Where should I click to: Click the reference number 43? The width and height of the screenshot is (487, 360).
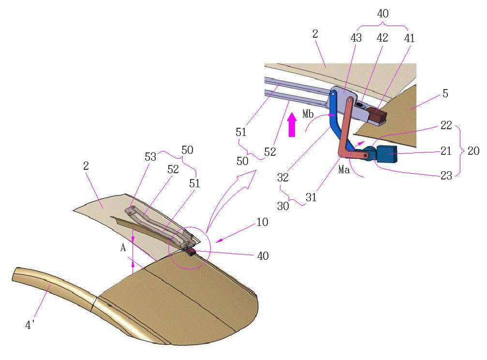click(356, 38)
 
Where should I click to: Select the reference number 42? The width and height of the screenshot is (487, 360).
click(383, 38)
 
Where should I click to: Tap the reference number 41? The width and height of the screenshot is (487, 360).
click(409, 38)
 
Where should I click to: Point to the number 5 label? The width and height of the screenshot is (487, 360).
click(445, 93)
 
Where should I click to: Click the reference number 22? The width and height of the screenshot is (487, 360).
click(446, 125)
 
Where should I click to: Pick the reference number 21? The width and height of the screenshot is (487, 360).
click(446, 151)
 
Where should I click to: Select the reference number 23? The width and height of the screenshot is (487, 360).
click(446, 176)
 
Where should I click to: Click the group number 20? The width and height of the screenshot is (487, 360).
click(473, 151)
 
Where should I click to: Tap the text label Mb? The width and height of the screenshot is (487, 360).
click(308, 114)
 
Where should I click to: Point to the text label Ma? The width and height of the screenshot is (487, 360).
click(344, 169)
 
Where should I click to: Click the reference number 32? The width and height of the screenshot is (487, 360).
click(283, 178)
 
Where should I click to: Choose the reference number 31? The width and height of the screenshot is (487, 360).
click(311, 197)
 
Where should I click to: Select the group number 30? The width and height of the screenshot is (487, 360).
click(283, 206)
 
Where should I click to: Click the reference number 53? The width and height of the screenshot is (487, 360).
click(150, 157)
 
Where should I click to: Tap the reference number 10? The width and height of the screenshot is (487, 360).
click(263, 222)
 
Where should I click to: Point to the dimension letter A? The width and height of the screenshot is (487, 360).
click(123, 248)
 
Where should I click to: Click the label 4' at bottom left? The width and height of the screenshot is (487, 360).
click(29, 325)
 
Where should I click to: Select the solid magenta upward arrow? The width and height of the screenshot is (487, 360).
click(292, 125)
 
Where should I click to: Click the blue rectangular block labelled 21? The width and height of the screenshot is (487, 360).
click(387, 154)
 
